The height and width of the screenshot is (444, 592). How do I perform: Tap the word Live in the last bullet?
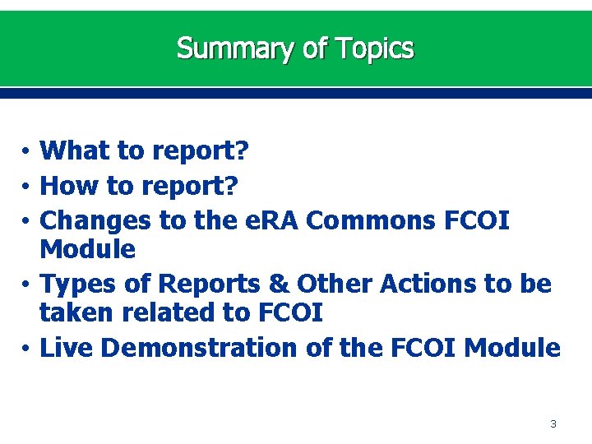[x=67, y=348]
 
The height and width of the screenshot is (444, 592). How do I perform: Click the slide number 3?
[x=553, y=424]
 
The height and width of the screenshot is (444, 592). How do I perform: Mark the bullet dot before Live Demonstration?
[x=27, y=349]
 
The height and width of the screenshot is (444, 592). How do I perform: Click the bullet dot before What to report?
[x=27, y=152]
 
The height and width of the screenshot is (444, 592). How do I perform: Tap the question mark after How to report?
[x=231, y=186]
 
